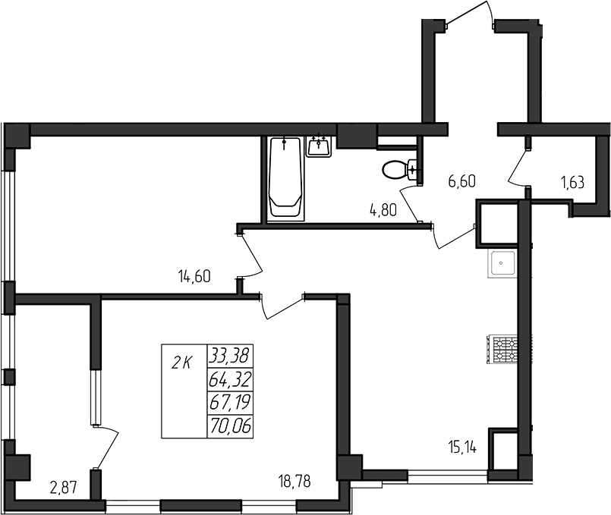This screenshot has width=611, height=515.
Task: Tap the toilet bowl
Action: (398, 169)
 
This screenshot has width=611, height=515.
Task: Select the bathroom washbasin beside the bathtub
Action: (320, 146)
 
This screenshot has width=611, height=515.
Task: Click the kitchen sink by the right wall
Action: (502, 264)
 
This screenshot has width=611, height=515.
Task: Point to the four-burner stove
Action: (504, 349)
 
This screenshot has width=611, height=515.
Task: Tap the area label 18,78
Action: (294, 479)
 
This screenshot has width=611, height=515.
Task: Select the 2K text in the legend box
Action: (182, 363)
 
